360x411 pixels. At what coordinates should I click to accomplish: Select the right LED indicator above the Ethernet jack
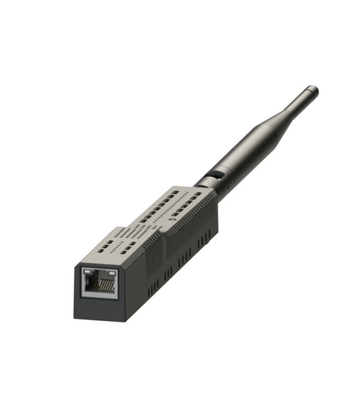coord(111,271)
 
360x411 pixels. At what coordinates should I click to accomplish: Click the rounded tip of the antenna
coord(313,90)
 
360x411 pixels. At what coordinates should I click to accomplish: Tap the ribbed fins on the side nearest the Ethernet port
coord(152,259)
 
